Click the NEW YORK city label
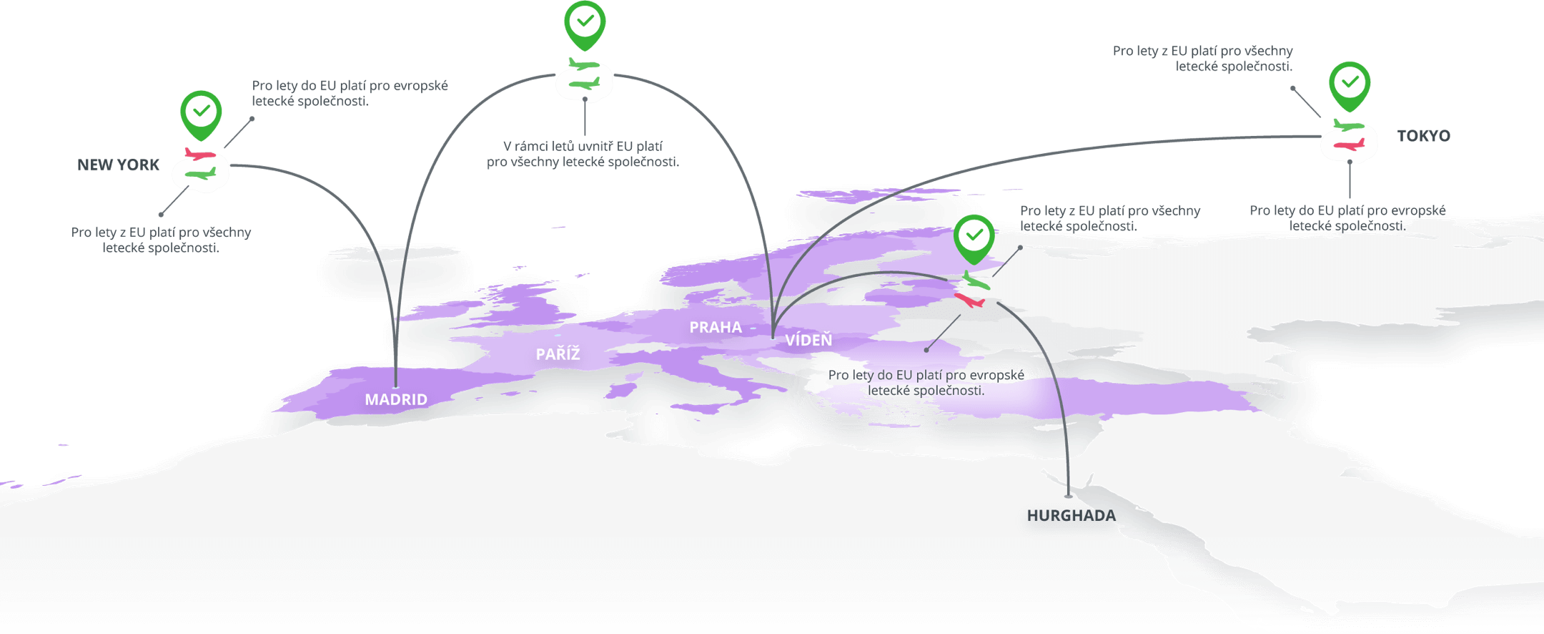click(x=118, y=165)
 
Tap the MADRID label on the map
click(x=396, y=400)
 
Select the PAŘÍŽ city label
click(x=558, y=354)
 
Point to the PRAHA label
click(x=716, y=328)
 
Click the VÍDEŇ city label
click(x=808, y=341)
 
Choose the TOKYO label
click(x=1423, y=136)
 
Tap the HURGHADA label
click(x=1069, y=516)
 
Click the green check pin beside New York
click(x=202, y=113)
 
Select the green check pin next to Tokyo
click(x=1350, y=84)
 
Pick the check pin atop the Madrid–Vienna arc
click(x=585, y=23)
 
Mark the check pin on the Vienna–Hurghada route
click(x=974, y=237)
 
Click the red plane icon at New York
click(x=199, y=154)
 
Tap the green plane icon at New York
click(x=200, y=173)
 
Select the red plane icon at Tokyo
click(x=1348, y=145)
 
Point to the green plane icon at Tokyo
click(x=1348, y=126)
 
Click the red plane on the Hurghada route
click(x=970, y=300)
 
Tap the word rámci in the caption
click(x=531, y=147)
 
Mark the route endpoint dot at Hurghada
click(x=1069, y=495)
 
